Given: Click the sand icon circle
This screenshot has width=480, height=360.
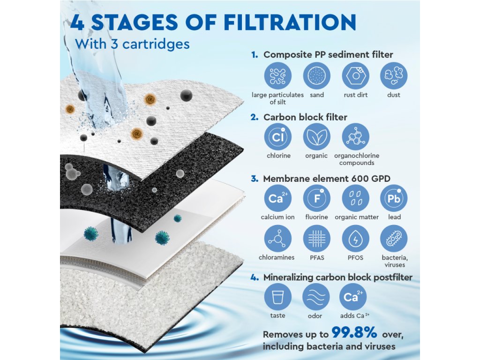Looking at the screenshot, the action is tap(316, 76).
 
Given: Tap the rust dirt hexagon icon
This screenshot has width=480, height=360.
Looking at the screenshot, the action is tap(355, 76).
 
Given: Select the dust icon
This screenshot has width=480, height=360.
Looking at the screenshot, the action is tap(394, 76).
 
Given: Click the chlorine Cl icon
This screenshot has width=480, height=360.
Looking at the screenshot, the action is tap(278, 137).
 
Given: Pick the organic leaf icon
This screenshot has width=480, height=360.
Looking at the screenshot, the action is tap(316, 137).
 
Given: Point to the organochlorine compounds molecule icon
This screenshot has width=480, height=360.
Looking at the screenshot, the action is tap(355, 137).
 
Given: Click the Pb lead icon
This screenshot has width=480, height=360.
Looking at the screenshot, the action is tap(394, 198).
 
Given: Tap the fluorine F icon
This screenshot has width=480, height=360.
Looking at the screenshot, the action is tap(316, 198).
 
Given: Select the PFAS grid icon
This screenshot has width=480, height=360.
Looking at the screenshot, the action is tap(316, 239).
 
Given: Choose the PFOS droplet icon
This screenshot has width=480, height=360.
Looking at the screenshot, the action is tap(355, 239).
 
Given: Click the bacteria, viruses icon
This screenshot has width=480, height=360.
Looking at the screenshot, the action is tap(394, 239).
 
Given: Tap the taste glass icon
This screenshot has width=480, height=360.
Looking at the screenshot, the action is tap(278, 297).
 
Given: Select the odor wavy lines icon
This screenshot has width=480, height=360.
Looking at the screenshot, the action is tap(316, 297).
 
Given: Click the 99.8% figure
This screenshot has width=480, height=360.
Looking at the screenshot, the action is tap(354, 332).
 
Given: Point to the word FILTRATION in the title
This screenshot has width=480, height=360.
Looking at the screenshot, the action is tap(290, 22).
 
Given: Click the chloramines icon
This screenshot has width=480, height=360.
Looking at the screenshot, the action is tap(278, 239).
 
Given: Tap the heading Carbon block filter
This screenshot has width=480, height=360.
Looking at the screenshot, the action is tap(305, 117).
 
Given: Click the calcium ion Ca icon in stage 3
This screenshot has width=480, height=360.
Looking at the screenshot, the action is tap(278, 198).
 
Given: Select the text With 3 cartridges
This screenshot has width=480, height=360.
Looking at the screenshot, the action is tap(132, 44).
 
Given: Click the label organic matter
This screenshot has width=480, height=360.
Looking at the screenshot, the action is tap(357, 217).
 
